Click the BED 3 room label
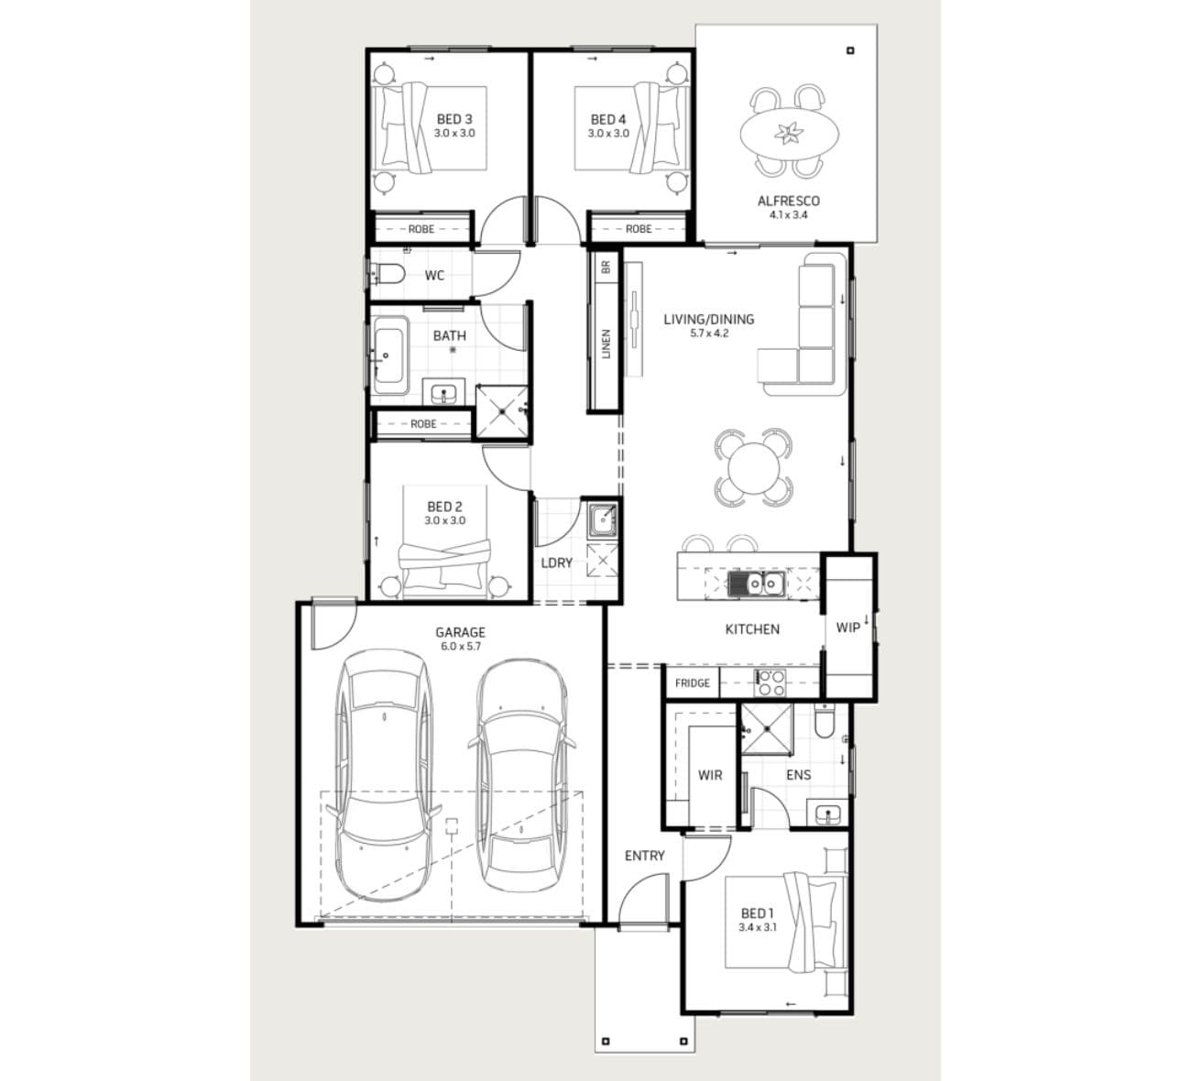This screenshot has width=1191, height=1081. tap(454, 119)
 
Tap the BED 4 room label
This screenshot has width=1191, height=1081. tap(608, 119)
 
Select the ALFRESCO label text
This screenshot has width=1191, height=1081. tap(789, 202)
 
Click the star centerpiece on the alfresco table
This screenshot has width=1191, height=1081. tap(789, 133)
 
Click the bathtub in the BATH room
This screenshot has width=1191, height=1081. tap(390, 355)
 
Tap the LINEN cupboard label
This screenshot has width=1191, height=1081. tap(606, 344)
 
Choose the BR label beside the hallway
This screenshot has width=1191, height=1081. tap(606, 268)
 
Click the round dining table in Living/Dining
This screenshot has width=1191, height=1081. tap(753, 468)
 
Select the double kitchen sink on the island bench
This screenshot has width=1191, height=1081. tap(756, 584)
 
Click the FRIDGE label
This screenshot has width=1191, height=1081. tap(693, 683)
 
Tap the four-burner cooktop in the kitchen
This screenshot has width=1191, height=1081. tap(770, 682)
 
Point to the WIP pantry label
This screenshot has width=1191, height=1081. tap(847, 628)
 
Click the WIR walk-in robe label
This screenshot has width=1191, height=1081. tap(710, 775)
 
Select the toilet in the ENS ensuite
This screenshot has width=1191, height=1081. tap(825, 722)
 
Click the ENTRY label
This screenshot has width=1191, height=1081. tap(644, 856)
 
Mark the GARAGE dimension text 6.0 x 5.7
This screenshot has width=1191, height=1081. tap(461, 646)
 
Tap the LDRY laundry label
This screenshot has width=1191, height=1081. tap(557, 563)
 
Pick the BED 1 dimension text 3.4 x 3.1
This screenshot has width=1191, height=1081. tap(758, 927)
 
